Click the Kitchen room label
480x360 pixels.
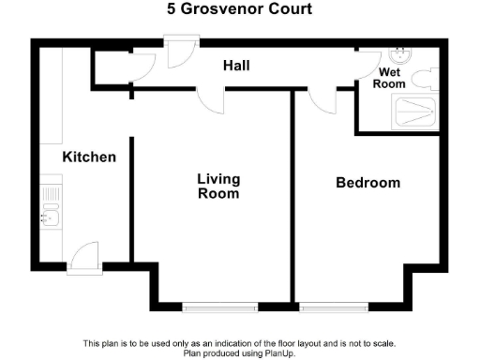[89, 157]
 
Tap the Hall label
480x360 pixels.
[234, 66]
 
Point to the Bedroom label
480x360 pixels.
[367, 183]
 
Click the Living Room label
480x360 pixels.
[217, 187]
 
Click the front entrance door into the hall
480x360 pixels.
[176, 52]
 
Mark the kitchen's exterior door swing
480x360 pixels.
[82, 255]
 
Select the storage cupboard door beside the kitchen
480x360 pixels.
[141, 66]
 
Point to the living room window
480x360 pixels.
[219, 307]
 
